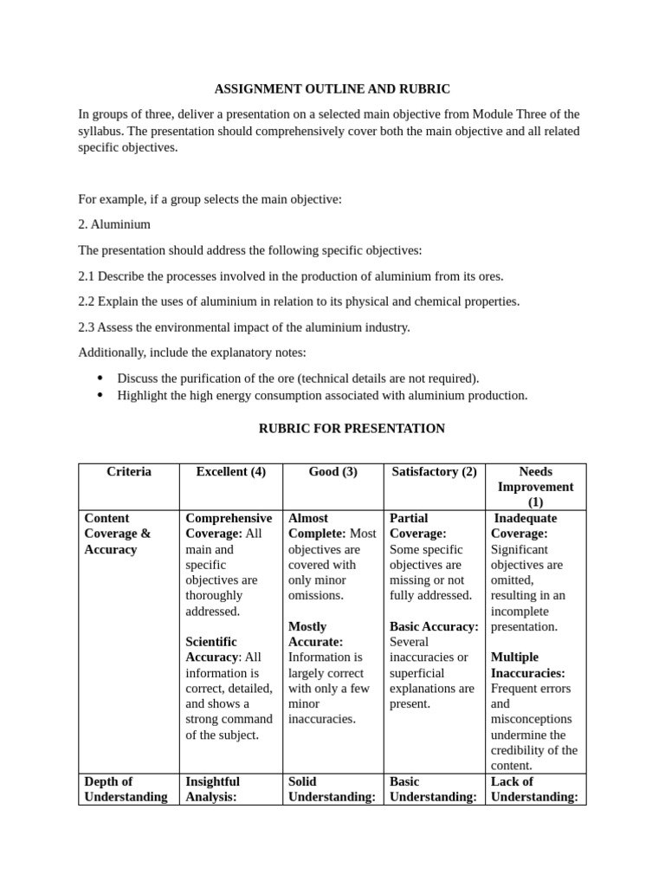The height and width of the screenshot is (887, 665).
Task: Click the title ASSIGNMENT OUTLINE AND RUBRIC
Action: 332,89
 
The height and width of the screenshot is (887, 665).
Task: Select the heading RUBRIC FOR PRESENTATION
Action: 352,428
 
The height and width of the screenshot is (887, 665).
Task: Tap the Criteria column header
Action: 128,471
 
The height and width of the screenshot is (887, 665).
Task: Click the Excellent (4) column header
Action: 230,471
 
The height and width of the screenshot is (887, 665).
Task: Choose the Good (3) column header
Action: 332,471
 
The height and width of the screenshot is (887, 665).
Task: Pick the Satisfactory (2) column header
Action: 434,471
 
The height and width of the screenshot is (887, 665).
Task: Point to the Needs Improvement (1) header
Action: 534,487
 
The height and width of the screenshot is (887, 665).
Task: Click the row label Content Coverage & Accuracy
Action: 117,534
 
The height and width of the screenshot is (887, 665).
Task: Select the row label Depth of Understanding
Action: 125,789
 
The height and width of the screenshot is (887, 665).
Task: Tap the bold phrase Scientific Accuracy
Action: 211,650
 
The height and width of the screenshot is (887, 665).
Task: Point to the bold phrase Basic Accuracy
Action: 433,626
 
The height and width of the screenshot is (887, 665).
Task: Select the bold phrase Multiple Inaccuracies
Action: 527,665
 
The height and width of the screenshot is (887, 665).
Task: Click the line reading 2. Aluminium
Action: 114,224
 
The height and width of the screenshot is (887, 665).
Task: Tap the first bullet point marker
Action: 100,379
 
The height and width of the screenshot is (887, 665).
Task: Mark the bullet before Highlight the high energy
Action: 100,395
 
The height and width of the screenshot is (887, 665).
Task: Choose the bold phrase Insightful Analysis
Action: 212,789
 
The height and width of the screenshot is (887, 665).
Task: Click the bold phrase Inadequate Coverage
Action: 525,526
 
